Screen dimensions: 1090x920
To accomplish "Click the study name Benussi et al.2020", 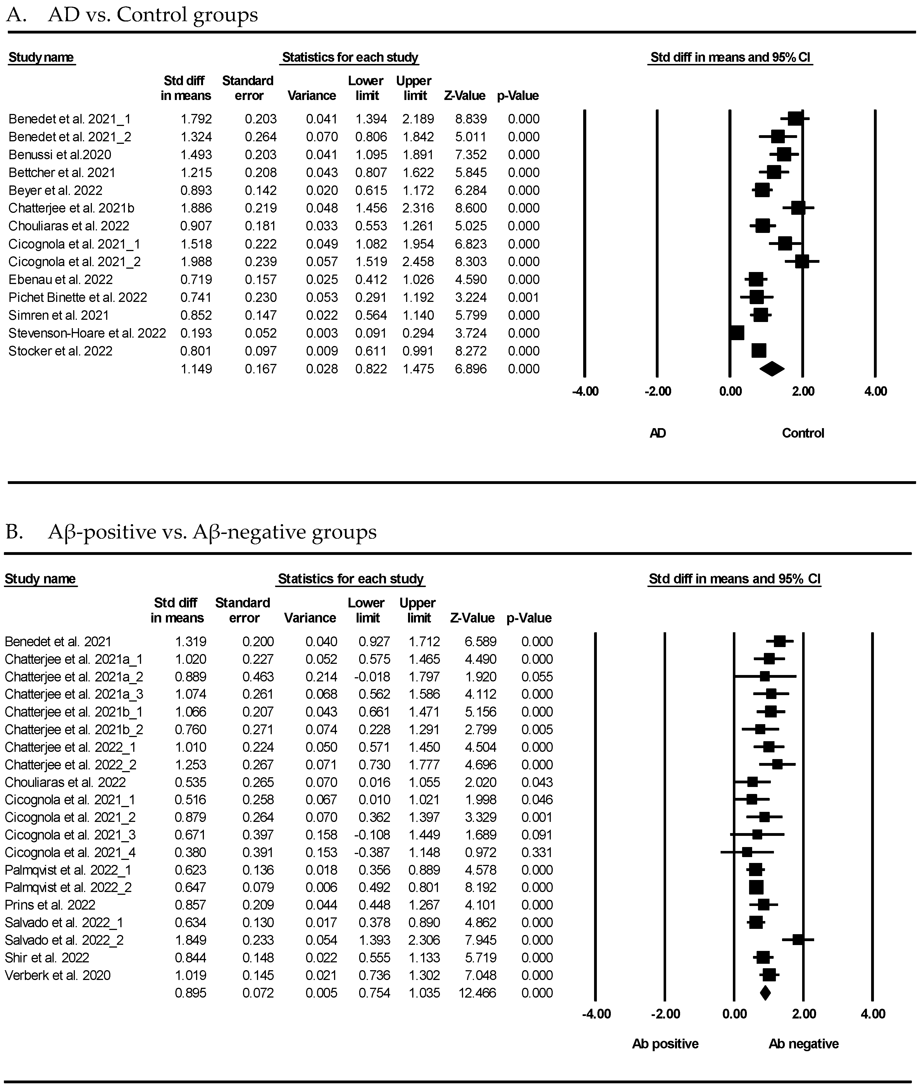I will pos(59,155).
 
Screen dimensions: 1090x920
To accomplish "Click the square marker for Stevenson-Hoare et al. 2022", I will pos(737,333).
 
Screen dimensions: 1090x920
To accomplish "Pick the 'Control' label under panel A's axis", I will pos(803,433).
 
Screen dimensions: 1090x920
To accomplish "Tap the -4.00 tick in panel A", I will pos(585,391).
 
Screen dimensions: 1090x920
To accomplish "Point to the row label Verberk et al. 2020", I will pos(57,975).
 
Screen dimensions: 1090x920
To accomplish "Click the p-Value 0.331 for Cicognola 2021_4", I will pos(537,852).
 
